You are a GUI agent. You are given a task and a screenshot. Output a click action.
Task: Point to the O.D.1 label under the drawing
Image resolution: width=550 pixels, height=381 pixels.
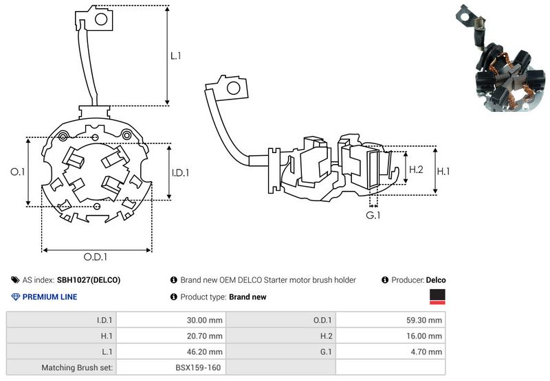pyautogui.click(x=96, y=257)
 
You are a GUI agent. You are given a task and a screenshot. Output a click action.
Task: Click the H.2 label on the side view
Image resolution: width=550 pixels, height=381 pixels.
pyautogui.click(x=416, y=169)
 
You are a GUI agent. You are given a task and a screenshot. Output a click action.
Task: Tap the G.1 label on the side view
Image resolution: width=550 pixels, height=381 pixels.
pyautogui.click(x=373, y=216)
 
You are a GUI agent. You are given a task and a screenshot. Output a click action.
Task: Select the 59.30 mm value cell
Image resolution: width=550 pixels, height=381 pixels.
pyautogui.click(x=426, y=320)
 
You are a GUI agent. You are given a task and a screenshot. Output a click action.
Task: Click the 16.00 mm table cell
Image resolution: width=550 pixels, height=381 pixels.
pyautogui.click(x=426, y=336)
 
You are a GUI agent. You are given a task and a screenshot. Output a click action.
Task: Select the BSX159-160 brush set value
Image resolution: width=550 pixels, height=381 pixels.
pyautogui.click(x=198, y=368)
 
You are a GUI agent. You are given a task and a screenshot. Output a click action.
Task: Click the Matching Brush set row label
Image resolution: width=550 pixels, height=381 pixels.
pyautogui.click(x=78, y=368)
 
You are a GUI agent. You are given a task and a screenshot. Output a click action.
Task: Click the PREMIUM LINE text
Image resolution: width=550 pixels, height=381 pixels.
pyautogui.click(x=50, y=297)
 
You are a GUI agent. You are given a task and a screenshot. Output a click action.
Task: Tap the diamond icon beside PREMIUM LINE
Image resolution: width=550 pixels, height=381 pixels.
pyautogui.click(x=16, y=297)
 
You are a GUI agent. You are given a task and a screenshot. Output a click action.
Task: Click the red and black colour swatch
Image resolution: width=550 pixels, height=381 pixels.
pyautogui.click(x=437, y=297)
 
